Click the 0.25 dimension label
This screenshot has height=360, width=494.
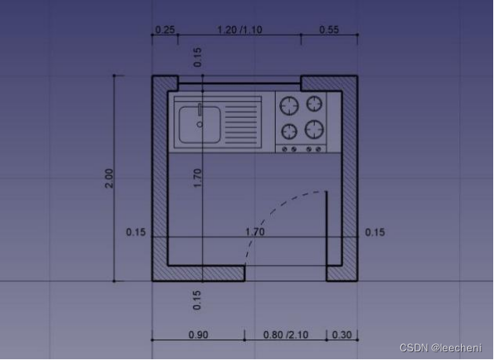tap(165, 30)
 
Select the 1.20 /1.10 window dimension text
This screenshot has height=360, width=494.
tap(240, 30)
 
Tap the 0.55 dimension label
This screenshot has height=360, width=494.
tap(329, 30)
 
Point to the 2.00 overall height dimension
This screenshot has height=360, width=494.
tap(108, 178)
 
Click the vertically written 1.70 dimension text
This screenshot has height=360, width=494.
tap(197, 178)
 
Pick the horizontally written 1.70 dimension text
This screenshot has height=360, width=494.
tap(255, 232)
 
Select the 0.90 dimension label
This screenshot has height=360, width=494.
tap(198, 335)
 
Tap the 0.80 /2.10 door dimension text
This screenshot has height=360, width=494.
tap(285, 335)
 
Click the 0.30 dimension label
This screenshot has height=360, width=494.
tap(342, 335)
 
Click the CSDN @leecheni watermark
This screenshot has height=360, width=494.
tap(441, 347)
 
